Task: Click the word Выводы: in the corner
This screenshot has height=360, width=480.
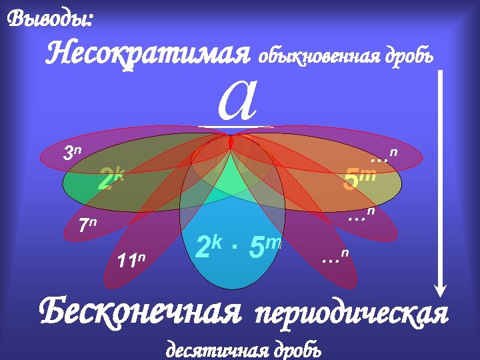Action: tap(49, 19)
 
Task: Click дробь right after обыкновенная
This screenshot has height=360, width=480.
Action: tap(409, 57)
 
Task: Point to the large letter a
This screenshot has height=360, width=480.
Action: tap(237, 100)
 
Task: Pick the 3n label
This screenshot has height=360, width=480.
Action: tap(71, 153)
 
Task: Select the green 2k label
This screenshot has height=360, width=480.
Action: tap(111, 179)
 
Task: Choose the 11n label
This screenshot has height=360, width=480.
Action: tap(131, 259)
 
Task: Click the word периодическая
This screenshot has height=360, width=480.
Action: tap(351, 313)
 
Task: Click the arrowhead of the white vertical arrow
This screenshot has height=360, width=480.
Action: tap(440, 288)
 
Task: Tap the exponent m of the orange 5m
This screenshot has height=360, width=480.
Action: tap(371, 174)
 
